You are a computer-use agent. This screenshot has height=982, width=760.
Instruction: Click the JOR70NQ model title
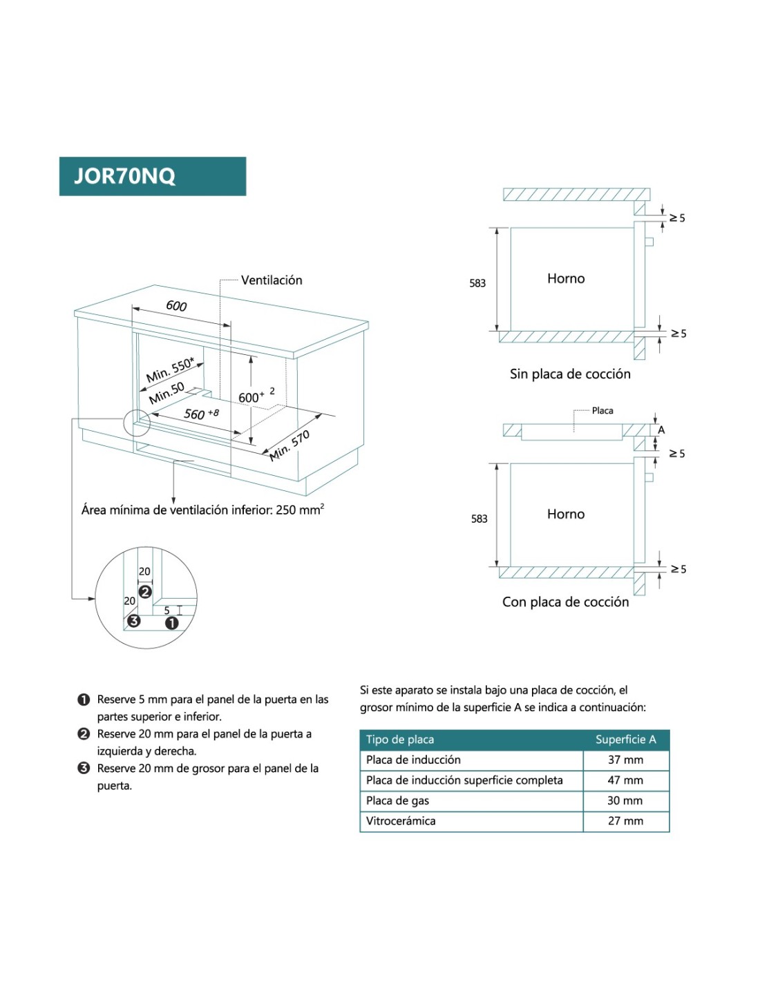point(125,176)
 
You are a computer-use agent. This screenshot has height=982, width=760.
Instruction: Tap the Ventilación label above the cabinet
point(272,280)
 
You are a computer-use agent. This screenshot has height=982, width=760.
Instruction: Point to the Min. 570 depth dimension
point(289,445)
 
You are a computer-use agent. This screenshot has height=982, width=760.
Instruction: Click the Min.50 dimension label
point(167,392)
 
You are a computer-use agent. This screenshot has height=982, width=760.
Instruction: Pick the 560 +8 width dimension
point(201,414)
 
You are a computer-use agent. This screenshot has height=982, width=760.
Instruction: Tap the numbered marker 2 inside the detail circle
point(145,592)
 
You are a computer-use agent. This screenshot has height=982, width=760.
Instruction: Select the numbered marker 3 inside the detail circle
point(133,620)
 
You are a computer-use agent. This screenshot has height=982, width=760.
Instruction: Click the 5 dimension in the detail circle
point(167,610)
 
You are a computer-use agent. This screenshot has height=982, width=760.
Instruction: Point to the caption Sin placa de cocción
point(570,374)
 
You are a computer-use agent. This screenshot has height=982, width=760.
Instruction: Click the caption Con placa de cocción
point(565,601)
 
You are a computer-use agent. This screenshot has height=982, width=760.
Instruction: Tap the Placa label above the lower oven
point(602,410)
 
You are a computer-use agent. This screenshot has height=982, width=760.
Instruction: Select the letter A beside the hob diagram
point(661,430)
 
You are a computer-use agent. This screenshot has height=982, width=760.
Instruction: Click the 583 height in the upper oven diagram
point(477,283)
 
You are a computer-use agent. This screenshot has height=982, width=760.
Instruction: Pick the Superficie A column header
point(625,740)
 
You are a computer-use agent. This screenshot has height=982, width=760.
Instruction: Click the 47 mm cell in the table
point(625,780)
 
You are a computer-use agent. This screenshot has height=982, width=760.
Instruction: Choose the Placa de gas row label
point(397,800)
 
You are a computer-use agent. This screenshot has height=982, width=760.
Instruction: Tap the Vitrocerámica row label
point(401,821)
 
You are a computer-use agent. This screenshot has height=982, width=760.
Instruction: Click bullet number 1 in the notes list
point(84,700)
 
